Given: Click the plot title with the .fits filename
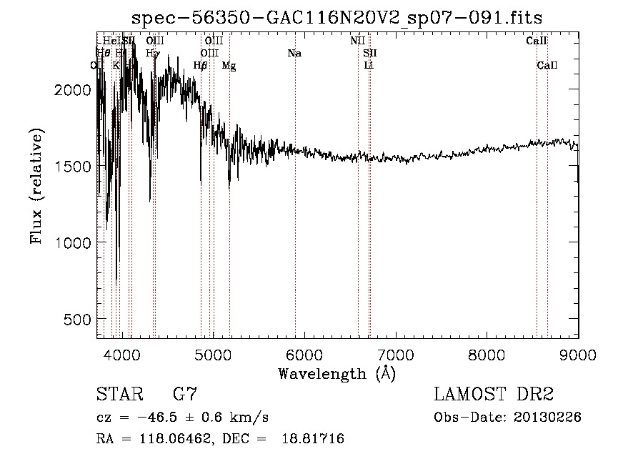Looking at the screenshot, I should pos(338,17).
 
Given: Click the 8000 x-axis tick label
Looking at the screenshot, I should pos(487,355).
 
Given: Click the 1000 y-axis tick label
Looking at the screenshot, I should pos(74,242).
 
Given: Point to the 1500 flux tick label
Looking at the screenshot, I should pos(74,166).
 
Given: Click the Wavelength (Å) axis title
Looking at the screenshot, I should pos(337,373).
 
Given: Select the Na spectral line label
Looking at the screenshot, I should pos(294,53).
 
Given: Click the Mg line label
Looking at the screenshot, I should pos(229,66).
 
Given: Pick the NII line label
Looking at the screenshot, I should pos(358,41).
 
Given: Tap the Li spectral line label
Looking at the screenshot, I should pos(369,66).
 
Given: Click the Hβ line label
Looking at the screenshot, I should pos(200,66).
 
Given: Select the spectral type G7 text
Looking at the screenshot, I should pos(185,394).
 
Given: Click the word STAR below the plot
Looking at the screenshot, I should pos(119,394).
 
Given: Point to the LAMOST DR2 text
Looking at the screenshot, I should pos(494,394).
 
